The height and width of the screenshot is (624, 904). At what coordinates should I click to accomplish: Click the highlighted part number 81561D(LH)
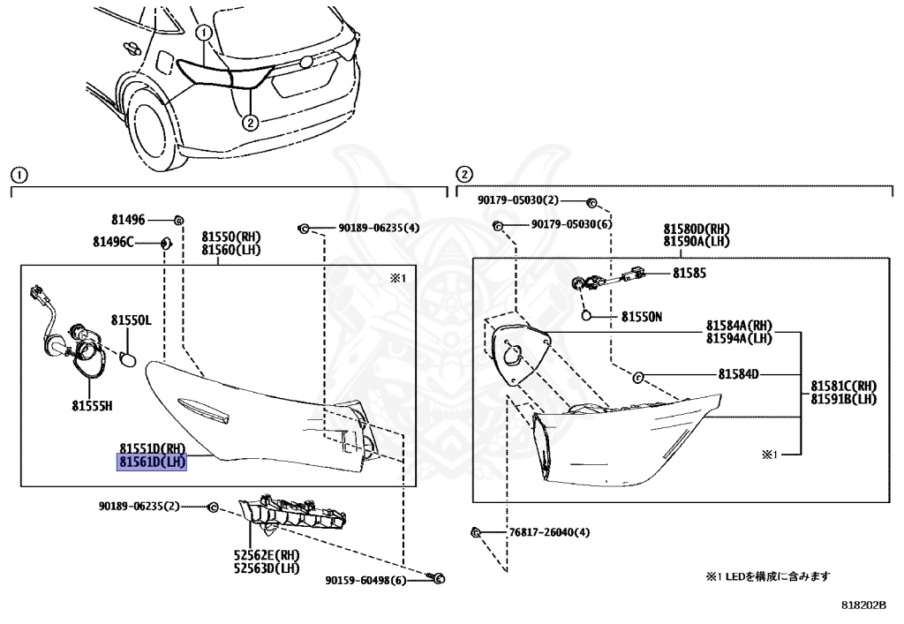(153, 462)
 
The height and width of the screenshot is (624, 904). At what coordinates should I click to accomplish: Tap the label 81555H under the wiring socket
(93, 407)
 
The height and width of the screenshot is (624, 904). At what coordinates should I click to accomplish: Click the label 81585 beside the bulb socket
(689, 274)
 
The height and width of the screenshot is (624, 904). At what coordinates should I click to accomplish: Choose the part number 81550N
(642, 315)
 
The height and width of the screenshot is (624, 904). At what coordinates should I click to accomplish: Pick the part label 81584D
(738, 374)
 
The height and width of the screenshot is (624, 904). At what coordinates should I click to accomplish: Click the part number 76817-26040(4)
(548, 532)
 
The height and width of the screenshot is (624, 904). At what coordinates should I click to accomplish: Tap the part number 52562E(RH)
(266, 554)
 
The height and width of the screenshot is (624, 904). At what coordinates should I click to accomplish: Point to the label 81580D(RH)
(695, 228)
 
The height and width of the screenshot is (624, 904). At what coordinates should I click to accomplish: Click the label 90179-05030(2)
(519, 201)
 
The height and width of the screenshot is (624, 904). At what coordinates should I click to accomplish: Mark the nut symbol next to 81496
(178, 220)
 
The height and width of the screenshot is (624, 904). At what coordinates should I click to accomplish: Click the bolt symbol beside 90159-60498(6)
(439, 579)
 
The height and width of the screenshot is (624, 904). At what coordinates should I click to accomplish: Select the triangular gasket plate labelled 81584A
(519, 353)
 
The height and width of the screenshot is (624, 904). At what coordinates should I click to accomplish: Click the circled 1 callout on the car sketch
(204, 34)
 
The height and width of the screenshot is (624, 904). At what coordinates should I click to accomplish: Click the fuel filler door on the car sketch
(165, 63)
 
